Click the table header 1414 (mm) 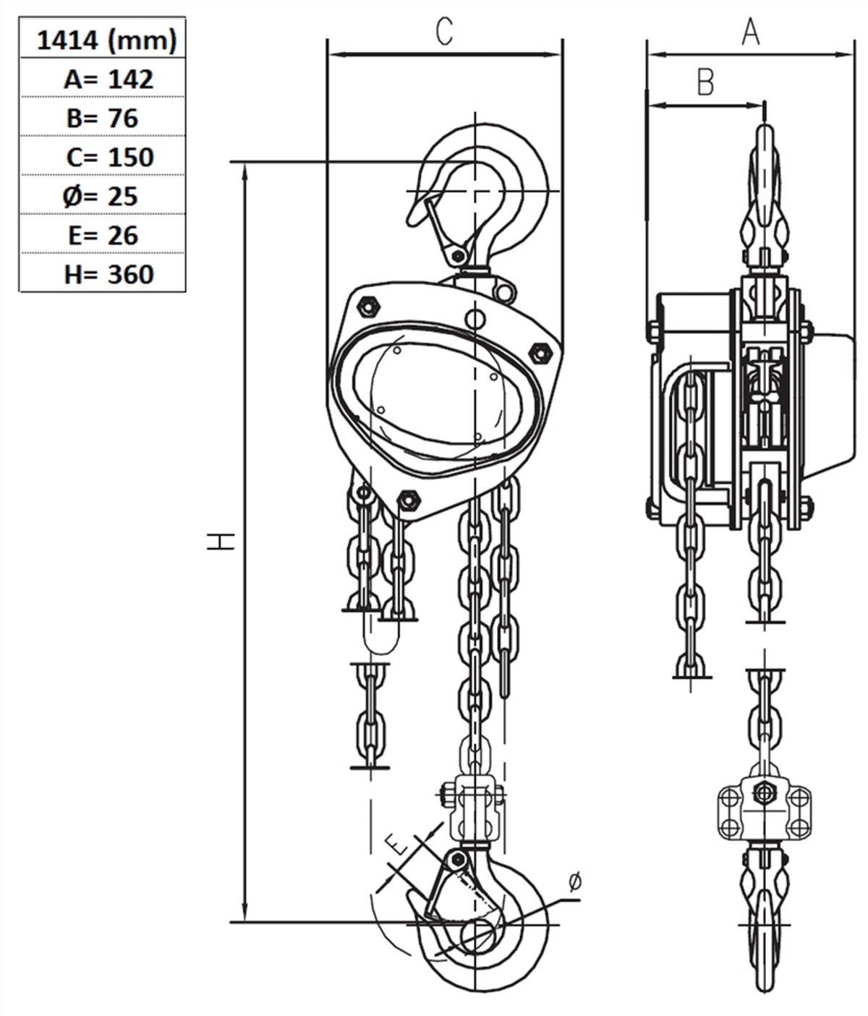click(106, 40)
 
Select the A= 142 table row click(108, 79)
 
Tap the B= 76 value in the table click(102, 118)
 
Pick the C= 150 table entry click(109, 157)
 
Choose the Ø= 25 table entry click(100, 196)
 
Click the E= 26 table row click(103, 235)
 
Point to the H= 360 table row click(109, 274)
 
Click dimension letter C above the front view click(444, 32)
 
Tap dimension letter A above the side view click(751, 32)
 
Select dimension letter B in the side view click(705, 82)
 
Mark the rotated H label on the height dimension click(221, 542)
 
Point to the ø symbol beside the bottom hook click(574, 881)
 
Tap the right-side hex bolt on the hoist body click(540, 353)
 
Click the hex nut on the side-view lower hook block click(763, 791)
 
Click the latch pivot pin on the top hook click(456, 255)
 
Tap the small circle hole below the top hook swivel click(475, 318)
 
